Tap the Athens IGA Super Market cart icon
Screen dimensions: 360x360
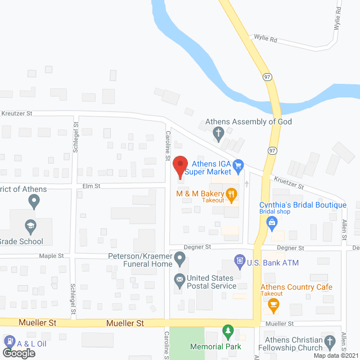(238, 165)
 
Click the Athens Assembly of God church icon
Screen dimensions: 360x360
(218, 133)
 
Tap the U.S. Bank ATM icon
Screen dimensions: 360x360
(240, 262)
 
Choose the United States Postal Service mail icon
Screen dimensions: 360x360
(179, 279)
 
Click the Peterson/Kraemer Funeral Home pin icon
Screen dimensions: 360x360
(179, 259)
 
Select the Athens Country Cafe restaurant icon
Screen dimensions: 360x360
(274, 306)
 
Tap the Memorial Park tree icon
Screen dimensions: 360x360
(228, 330)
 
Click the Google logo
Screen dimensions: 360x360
(18, 353)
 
